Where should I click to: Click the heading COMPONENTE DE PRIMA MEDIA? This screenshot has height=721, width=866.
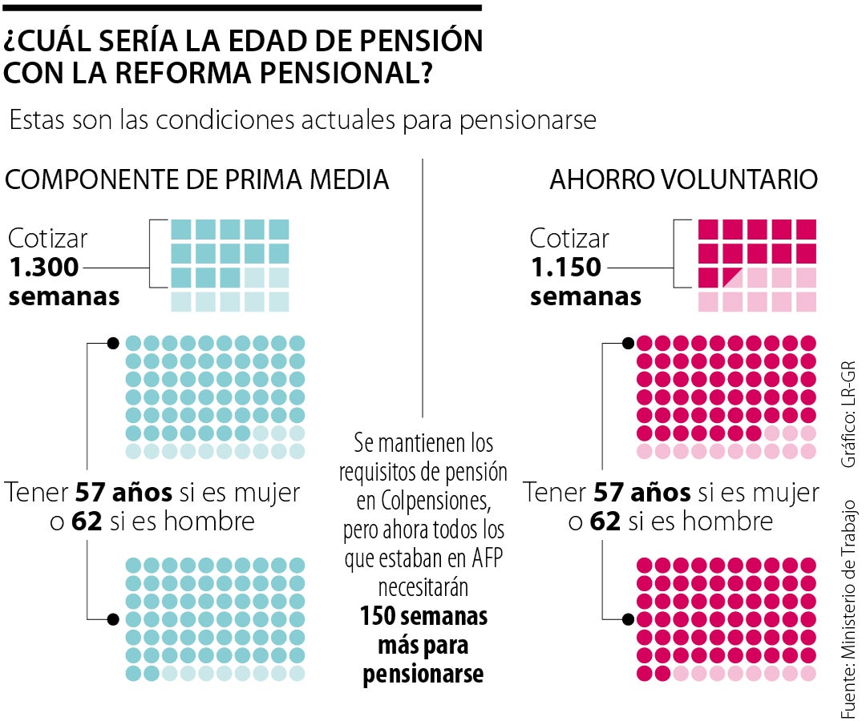point(197,179)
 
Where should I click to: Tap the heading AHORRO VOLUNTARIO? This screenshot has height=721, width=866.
point(683,179)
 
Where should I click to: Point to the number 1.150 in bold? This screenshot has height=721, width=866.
point(566,268)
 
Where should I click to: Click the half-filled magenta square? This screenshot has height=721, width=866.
point(708,277)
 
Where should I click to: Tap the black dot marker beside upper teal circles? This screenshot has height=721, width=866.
point(113,343)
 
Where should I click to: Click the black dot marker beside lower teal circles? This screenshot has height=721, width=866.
point(113,618)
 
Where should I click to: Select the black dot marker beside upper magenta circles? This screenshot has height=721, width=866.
point(628,343)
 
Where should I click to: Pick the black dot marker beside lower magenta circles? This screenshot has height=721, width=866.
point(628,618)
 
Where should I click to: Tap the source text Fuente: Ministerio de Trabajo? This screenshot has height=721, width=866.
point(848,609)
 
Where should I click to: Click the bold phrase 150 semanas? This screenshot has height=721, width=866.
point(423,618)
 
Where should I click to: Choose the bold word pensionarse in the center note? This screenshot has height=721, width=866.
point(423,674)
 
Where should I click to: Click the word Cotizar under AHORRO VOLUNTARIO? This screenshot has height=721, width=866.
point(569,238)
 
